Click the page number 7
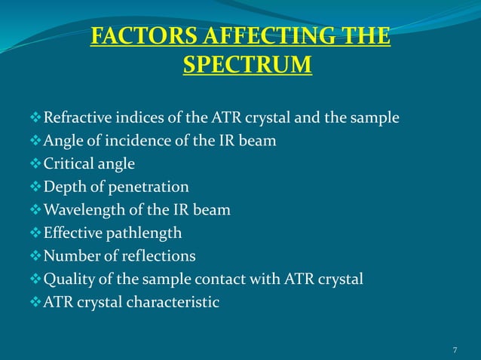[455, 349]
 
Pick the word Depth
[63, 187]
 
